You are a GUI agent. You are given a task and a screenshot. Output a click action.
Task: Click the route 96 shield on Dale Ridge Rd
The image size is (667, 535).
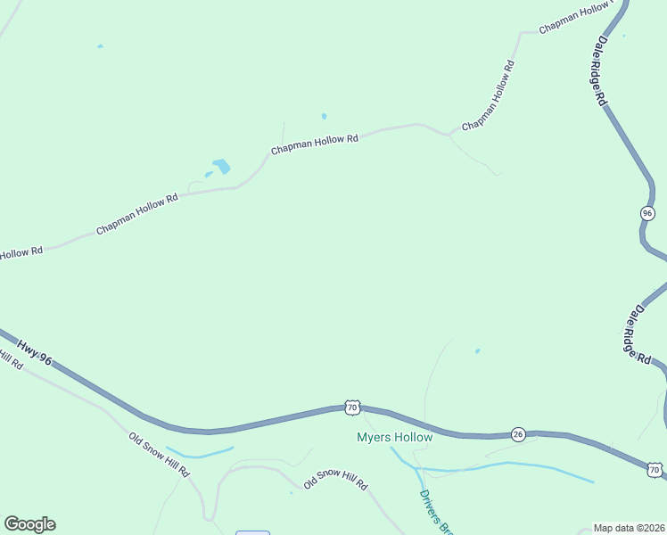[x=647, y=213]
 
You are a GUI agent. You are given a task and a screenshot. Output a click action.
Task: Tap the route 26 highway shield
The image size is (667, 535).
[x=518, y=434]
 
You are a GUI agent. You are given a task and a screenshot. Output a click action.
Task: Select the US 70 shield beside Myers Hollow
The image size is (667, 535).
[x=352, y=407]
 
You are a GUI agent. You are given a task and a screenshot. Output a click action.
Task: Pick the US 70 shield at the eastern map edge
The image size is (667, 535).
[x=655, y=469]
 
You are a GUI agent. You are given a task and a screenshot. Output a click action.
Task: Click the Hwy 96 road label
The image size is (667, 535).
[x=35, y=350]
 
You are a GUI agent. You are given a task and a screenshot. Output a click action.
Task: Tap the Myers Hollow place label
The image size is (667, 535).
[x=394, y=437]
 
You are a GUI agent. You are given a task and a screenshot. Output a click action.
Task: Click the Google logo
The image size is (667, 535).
[x=29, y=524]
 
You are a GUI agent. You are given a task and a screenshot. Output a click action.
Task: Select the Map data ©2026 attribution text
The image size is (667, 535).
[x=630, y=528]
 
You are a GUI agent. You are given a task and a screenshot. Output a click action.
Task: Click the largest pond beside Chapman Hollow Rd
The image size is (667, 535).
[x=220, y=166]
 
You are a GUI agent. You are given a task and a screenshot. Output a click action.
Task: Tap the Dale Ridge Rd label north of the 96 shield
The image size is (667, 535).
[x=602, y=70]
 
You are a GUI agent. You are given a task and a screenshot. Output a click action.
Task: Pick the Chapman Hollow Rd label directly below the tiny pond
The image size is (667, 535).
[x=314, y=144]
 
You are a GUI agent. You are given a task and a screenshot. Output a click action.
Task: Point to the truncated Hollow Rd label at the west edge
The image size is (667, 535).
[x=21, y=253]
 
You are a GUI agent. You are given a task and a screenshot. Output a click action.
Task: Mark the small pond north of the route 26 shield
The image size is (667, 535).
[x=478, y=350]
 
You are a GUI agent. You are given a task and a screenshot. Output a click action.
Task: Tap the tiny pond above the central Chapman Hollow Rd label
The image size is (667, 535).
[x=324, y=116]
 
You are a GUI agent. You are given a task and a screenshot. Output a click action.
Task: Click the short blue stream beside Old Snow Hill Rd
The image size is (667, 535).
[x=200, y=452]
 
